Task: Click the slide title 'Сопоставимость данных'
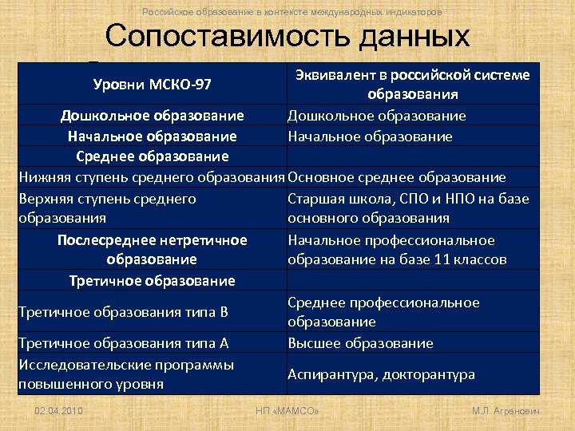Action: [287, 37]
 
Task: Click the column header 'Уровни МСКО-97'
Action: [152, 85]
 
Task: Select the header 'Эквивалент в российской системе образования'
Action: [412, 85]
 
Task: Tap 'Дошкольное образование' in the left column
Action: [152, 116]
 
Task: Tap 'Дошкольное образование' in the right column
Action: [376, 116]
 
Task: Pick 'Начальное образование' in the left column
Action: [152, 136]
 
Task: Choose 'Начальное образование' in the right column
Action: [370, 136]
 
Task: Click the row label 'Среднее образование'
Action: [152, 156]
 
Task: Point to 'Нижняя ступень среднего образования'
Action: [152, 177]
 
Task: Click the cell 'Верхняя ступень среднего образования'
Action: [106, 208]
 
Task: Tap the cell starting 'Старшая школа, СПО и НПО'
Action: [407, 208]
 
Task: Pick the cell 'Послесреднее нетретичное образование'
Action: [152, 250]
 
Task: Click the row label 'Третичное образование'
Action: [152, 281]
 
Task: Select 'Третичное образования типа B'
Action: [123, 312]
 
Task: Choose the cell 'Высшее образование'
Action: [360, 343]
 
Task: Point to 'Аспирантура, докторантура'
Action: [381, 374]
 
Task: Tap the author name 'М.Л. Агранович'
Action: [506, 410]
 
